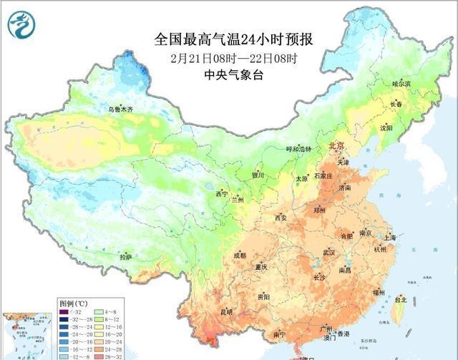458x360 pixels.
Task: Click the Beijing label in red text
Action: point(336,146)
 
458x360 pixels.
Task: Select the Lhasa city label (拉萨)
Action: point(126,257)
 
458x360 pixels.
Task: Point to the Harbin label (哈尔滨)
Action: point(401,84)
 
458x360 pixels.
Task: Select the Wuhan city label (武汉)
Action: point(329,253)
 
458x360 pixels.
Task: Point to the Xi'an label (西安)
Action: point(281,218)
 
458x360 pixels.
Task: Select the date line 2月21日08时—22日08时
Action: point(234,57)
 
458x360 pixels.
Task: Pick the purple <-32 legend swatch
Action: point(63,311)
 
